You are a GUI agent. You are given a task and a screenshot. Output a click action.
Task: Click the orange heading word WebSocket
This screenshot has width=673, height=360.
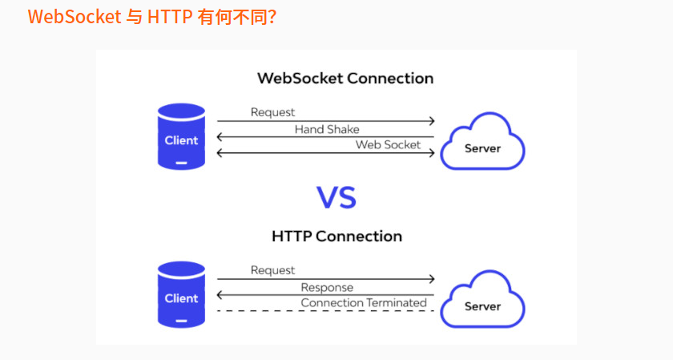pyautogui.click(x=74, y=16)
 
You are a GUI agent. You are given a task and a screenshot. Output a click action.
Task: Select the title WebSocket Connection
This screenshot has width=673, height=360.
pyautogui.click(x=345, y=79)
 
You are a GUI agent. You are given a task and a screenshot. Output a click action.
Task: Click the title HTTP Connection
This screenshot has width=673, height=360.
pyautogui.click(x=336, y=237)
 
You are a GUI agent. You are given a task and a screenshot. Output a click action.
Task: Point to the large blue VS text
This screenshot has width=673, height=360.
pyautogui.click(x=336, y=196)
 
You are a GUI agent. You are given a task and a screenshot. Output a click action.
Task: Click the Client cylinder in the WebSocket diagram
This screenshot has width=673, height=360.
pyautogui.click(x=181, y=137)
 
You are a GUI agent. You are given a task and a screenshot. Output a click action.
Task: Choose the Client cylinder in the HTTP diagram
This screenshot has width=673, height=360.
pyautogui.click(x=181, y=295)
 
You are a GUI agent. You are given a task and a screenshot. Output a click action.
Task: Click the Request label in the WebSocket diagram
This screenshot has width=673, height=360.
pyautogui.click(x=272, y=112)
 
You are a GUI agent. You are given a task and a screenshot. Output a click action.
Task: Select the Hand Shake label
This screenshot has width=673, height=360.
pyautogui.click(x=327, y=129)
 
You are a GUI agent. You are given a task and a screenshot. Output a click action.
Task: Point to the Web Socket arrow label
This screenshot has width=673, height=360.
pyautogui.click(x=388, y=144)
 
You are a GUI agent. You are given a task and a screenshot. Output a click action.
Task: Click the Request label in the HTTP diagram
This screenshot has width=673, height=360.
pyautogui.click(x=272, y=270)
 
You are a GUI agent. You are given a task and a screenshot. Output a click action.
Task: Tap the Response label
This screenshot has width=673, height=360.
pyautogui.click(x=327, y=287)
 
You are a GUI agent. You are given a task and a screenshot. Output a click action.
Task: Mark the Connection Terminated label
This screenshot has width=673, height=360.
pyautogui.click(x=363, y=302)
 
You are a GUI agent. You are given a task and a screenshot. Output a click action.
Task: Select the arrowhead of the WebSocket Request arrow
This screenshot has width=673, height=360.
pyautogui.click(x=432, y=121)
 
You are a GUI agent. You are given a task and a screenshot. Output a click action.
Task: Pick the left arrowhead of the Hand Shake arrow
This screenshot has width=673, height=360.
pyautogui.click(x=220, y=137)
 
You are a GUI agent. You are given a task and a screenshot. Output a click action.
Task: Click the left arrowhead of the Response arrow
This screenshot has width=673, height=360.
pyautogui.click(x=220, y=295)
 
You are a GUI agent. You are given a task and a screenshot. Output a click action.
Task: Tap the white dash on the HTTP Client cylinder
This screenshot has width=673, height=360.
pyautogui.click(x=181, y=321)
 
